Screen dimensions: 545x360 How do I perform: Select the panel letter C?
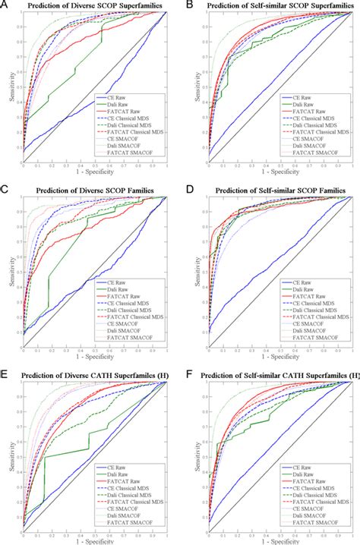click(x=5, y=187)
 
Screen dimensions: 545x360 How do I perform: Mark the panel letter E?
click(x=5, y=368)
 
